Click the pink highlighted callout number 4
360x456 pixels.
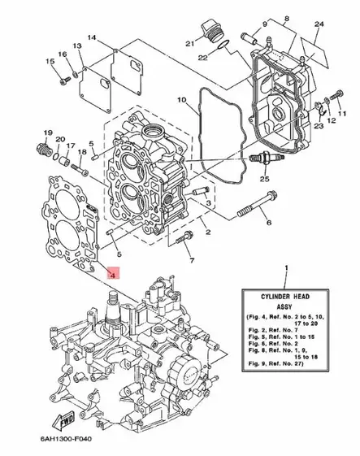pyautogui.click(x=114, y=275)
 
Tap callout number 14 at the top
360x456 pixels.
pyautogui.click(x=92, y=39)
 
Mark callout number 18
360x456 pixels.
pyautogui.click(x=81, y=151)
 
